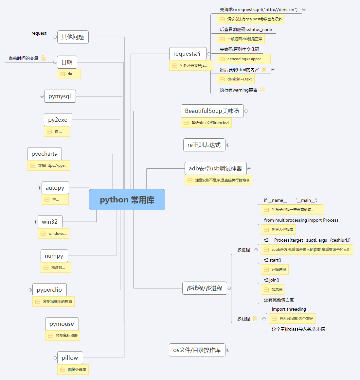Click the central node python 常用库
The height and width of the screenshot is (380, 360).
coord(127,200)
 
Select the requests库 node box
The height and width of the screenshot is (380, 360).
coord(188,54)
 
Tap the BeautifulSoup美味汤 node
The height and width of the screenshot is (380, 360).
coord(212,111)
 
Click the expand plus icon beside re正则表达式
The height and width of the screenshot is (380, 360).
coord(228,145)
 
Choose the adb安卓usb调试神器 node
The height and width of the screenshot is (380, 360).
coord(215,168)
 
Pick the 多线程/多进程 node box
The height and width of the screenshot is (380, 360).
coord(204,288)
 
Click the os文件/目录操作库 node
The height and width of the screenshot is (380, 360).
coord(197,350)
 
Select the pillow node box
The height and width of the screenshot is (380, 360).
coord(70,358)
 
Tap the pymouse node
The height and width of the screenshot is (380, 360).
coord(62,324)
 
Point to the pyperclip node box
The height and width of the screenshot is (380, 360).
coord(49,290)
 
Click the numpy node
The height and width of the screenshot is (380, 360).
coord(54,256)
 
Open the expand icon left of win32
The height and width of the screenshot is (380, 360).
coord(36,222)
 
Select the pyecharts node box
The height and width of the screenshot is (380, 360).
coord(44,154)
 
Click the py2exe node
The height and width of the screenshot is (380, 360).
coord(58,120)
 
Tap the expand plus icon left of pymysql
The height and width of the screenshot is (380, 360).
coord(42,96)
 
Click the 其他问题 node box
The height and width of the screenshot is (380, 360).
coord(73,37)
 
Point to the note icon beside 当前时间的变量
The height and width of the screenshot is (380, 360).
coord(44,58)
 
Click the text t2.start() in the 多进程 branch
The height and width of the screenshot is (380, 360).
coord(273,260)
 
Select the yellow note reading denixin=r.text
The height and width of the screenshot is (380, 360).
coord(235,79)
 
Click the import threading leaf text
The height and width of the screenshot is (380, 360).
coord(289,309)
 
